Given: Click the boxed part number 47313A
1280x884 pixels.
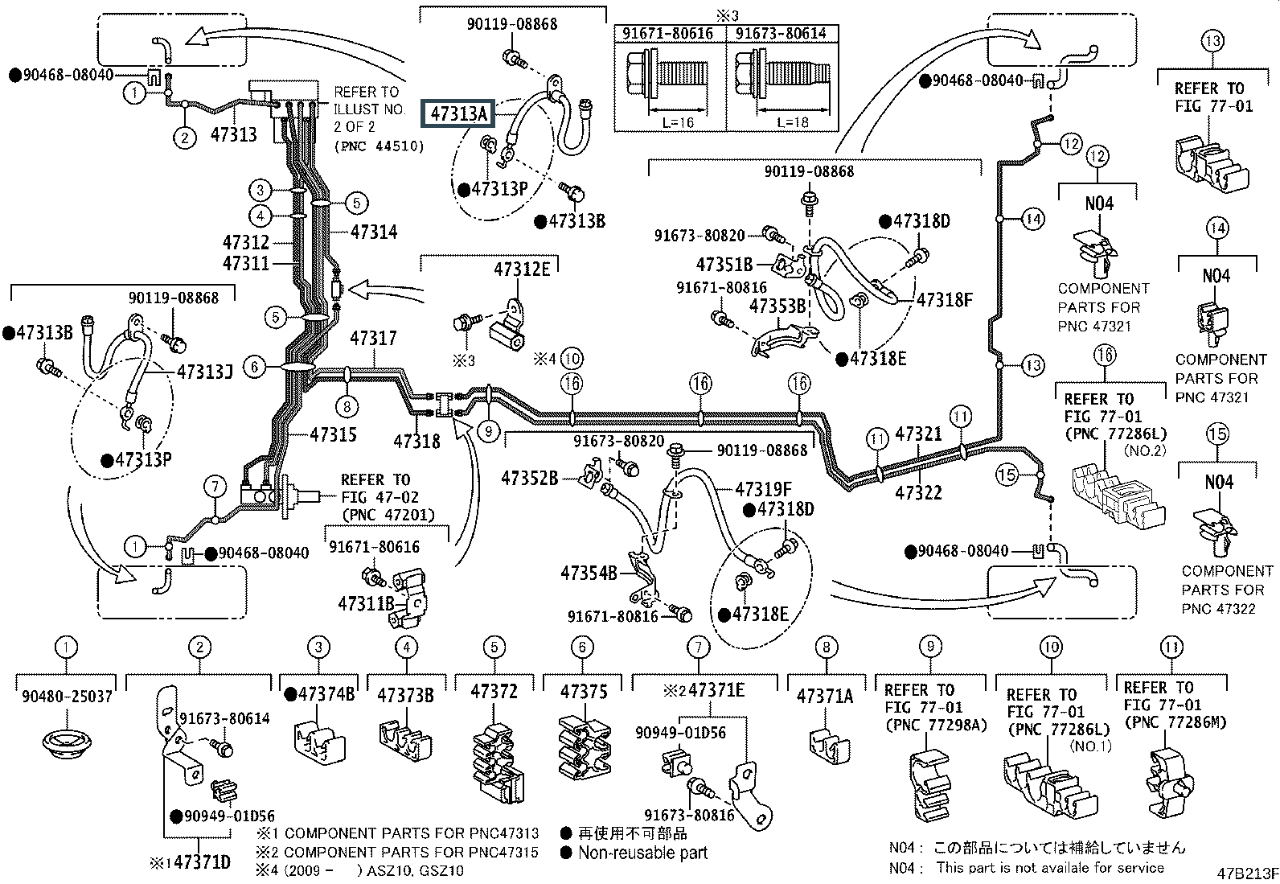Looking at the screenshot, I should click(458, 114).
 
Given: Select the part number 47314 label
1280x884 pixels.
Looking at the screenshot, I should click(374, 232).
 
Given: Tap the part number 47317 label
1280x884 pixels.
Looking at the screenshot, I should click(373, 339).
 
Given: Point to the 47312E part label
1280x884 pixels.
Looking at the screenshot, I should click(522, 269).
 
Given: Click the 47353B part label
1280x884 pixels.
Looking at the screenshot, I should click(777, 306).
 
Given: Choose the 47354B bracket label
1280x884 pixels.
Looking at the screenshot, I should click(589, 573).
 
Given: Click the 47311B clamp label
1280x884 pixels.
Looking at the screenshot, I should click(366, 602).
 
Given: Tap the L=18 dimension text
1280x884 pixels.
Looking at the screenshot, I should click(792, 122).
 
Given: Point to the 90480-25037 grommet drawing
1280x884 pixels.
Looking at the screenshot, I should click(67, 741).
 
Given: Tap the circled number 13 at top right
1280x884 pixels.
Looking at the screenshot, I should click(1212, 39).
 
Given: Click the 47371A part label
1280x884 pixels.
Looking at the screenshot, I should click(825, 695).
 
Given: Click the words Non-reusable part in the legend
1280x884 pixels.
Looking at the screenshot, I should click(642, 853).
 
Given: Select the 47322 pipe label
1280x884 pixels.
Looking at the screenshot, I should click(918, 491).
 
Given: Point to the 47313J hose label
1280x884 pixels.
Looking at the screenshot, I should click(205, 372).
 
